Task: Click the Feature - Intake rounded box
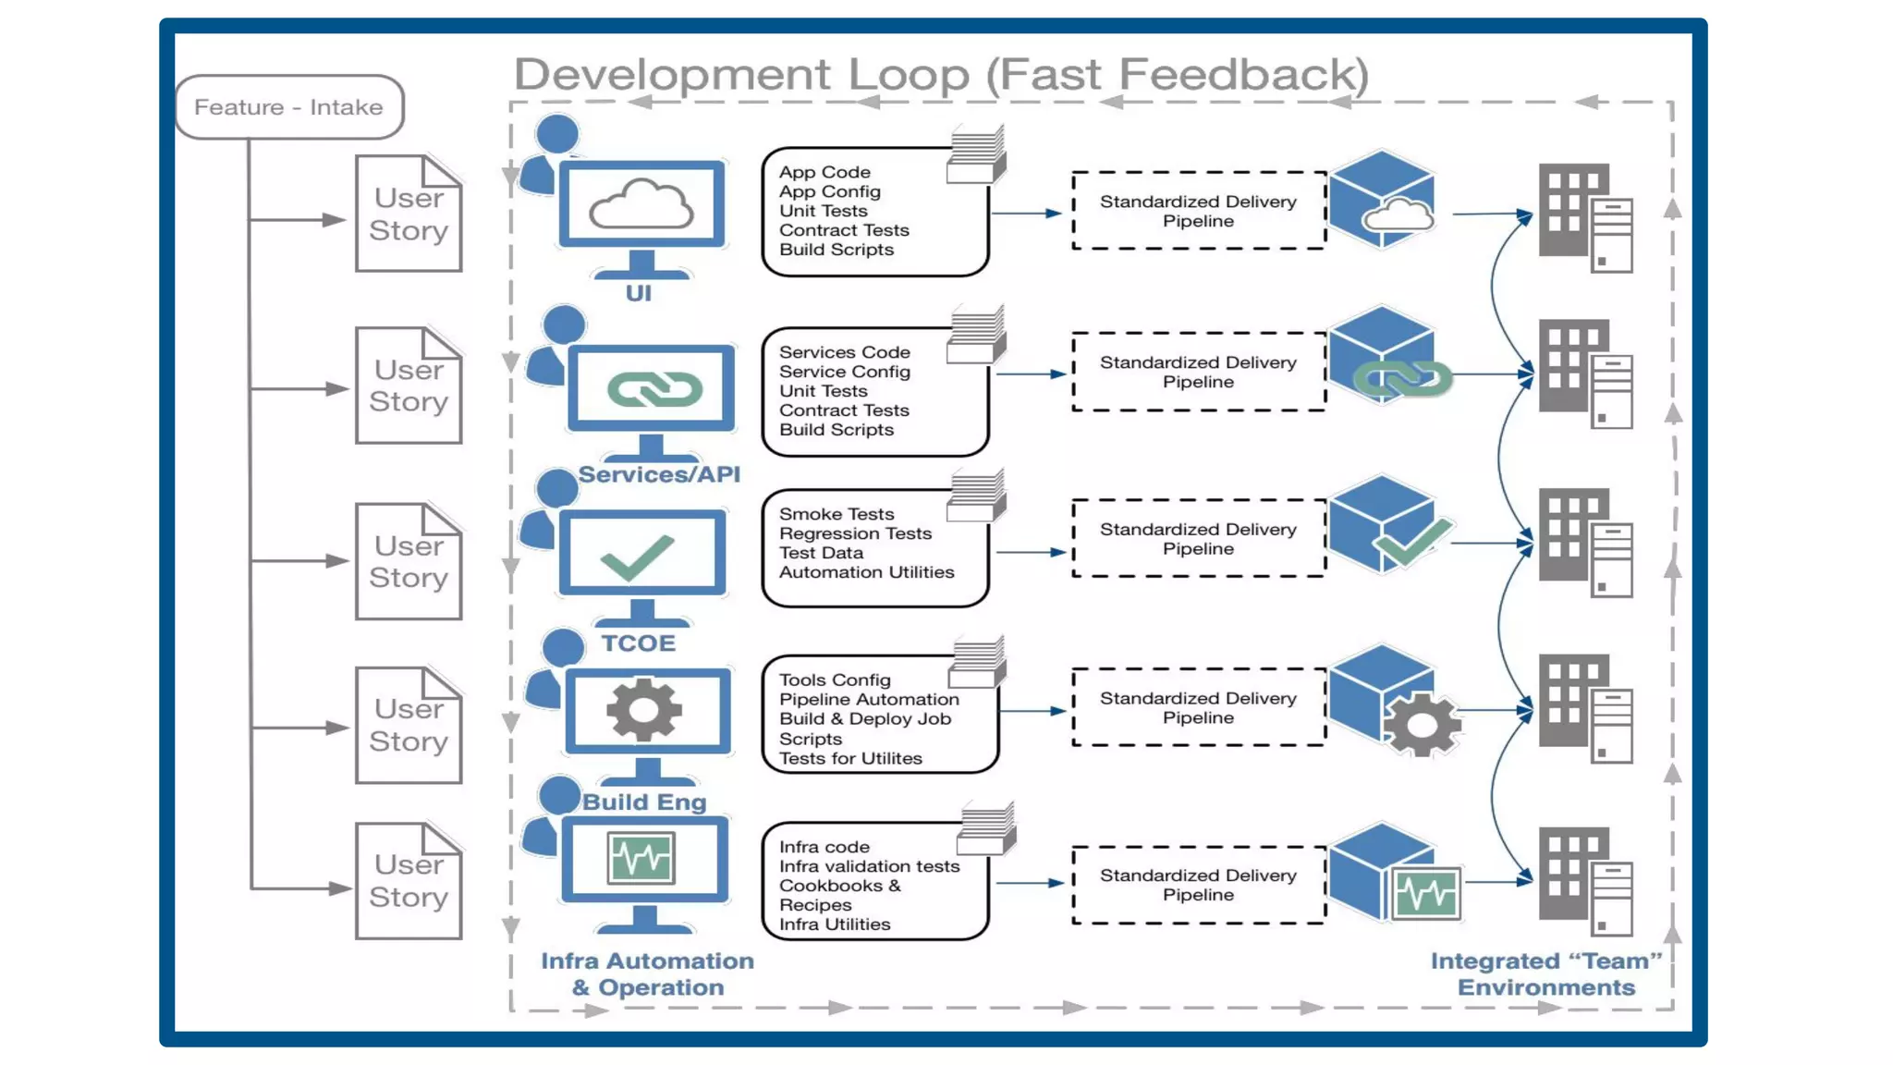[x=289, y=107]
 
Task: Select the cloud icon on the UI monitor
[x=641, y=205]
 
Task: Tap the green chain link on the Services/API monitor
[x=654, y=389]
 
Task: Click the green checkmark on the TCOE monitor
[x=638, y=557]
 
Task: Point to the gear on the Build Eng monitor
[x=644, y=710]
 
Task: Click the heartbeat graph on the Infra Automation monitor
[x=641, y=858]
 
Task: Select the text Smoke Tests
[x=836, y=514]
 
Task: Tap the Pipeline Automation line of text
[x=868, y=700]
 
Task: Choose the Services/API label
[x=659, y=474]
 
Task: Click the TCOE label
[x=638, y=643]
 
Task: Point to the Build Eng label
[x=644, y=802]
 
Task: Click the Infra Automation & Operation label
[x=647, y=974]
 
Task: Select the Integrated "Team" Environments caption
[x=1546, y=974]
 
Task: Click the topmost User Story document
[x=409, y=214]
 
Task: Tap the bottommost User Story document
[x=409, y=881]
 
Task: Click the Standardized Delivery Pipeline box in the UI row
[x=1198, y=211]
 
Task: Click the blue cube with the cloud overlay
[x=1382, y=199]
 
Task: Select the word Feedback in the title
[x=1243, y=74]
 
